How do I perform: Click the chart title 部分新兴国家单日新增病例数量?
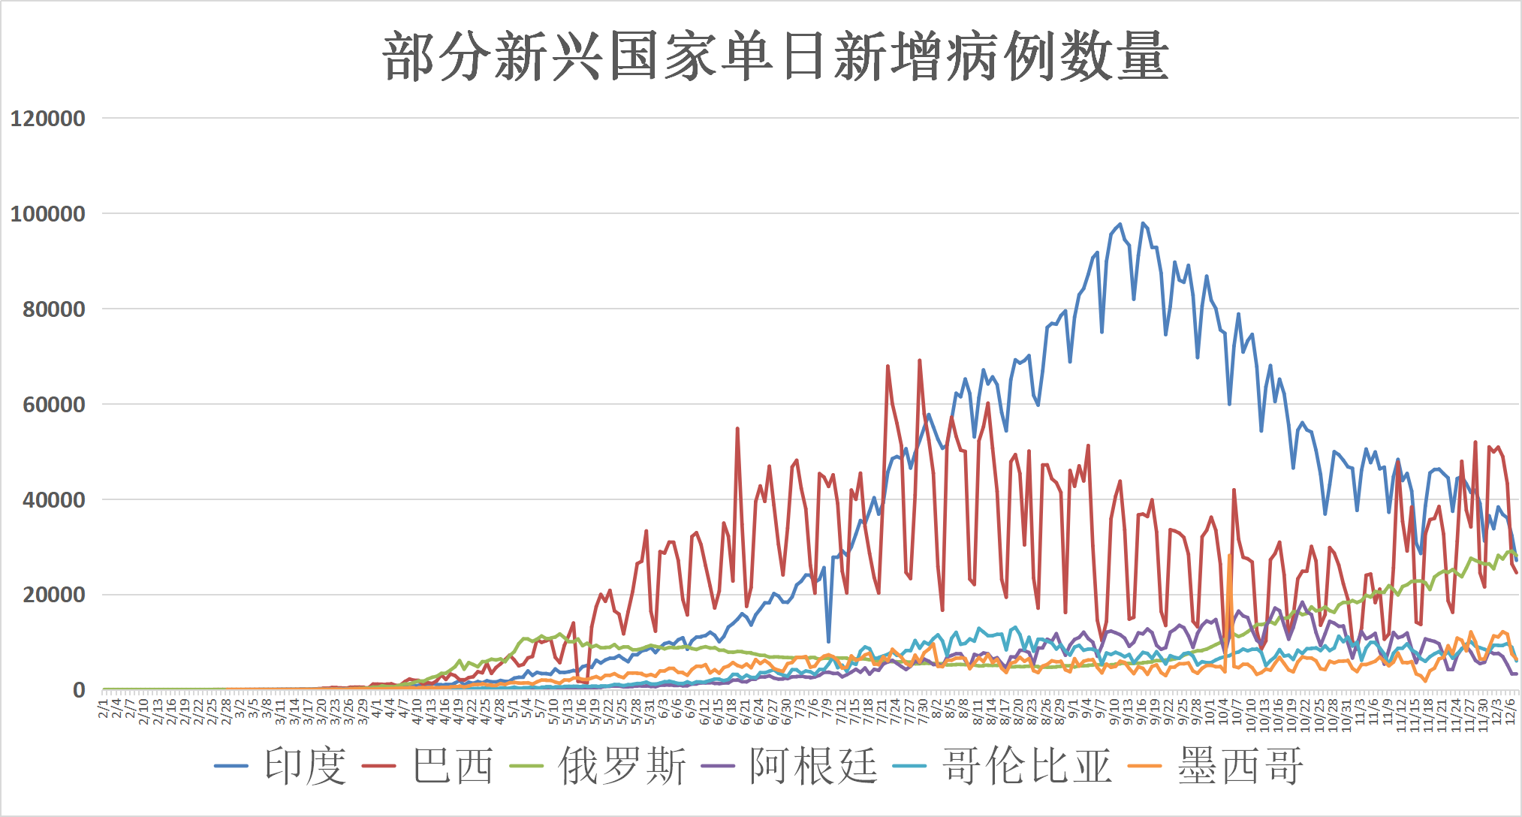point(775,56)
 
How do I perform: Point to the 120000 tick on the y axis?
point(47,119)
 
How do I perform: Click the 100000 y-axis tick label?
point(47,214)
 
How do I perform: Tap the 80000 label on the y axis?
point(53,309)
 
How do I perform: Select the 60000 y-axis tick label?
point(53,405)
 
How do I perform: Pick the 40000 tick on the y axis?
point(53,500)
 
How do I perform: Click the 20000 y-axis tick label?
point(53,595)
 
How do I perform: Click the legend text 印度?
point(305,767)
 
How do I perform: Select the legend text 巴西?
point(453,767)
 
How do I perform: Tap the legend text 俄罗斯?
point(622,767)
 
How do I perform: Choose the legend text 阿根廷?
point(813,767)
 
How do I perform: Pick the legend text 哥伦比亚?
point(1026,767)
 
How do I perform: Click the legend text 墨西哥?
point(1240,767)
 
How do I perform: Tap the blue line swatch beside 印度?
point(231,767)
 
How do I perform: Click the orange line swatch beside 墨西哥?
point(1145,767)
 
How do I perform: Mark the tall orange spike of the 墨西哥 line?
point(1229,556)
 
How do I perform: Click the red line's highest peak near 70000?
point(919,361)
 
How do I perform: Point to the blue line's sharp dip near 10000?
point(828,641)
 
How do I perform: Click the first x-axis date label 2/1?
point(104,708)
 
